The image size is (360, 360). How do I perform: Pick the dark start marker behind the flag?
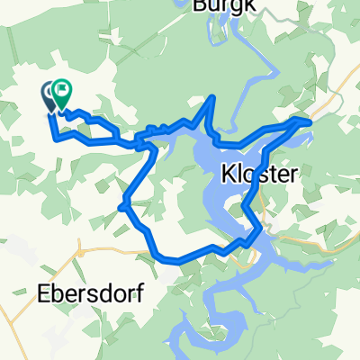[x=49, y=94]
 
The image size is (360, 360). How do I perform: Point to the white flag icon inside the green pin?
[x=62, y=89]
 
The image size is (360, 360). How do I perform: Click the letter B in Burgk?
[x=200, y=4]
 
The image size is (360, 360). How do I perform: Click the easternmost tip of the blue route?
[x=310, y=119]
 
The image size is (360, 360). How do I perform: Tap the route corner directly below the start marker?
[x=56, y=139]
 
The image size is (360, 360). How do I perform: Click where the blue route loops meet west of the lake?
[x=139, y=141]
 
